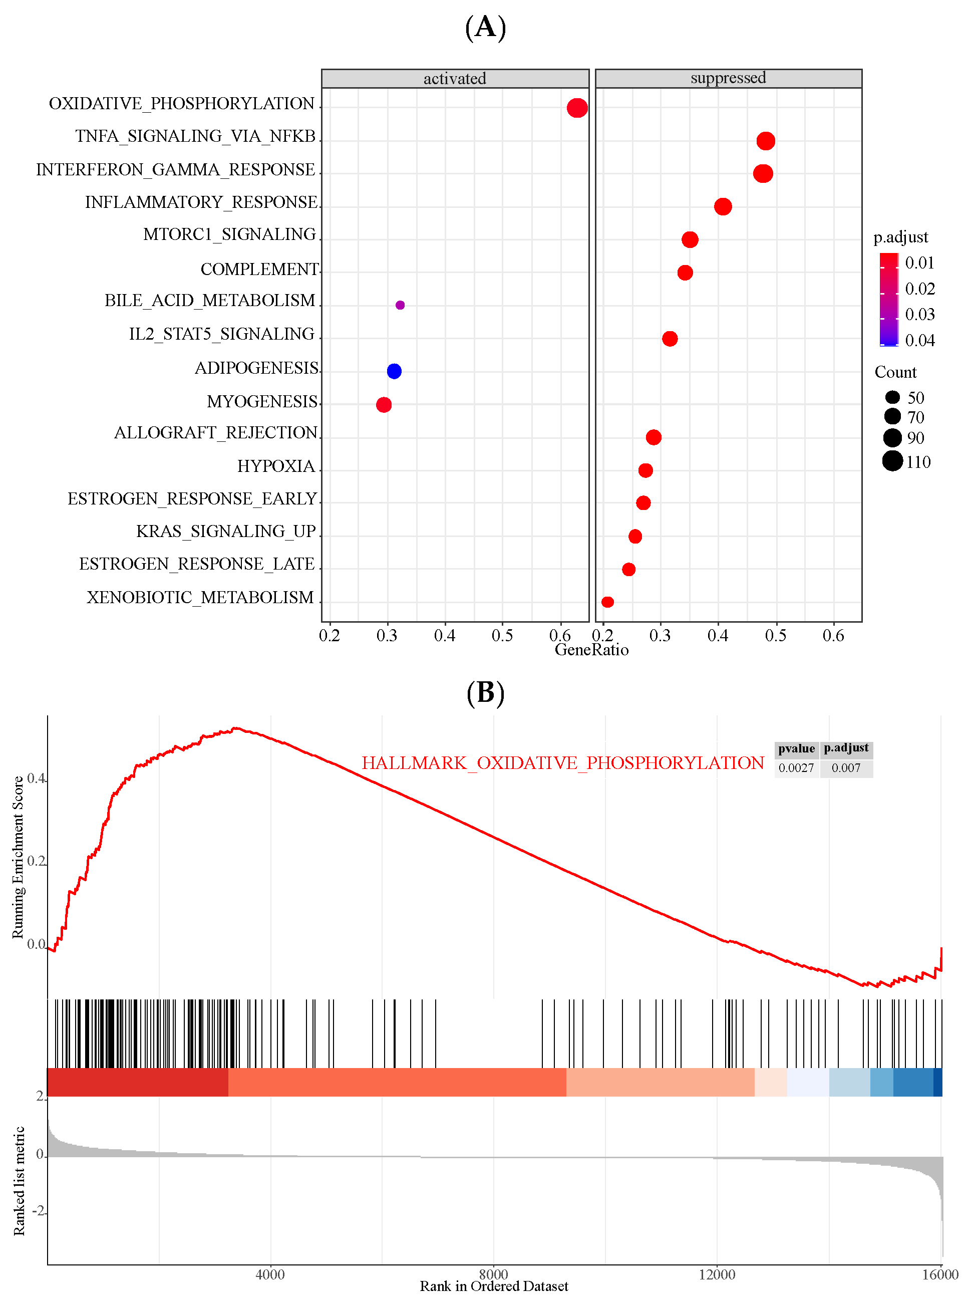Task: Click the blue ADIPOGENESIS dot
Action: pyautogui.click(x=394, y=371)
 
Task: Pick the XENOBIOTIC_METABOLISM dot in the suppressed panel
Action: pyautogui.click(x=607, y=602)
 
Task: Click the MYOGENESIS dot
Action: pyautogui.click(x=384, y=404)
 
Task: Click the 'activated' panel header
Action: pyautogui.click(x=455, y=79)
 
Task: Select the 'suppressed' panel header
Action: pyautogui.click(x=728, y=78)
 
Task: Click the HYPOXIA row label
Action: pyautogui.click(x=276, y=466)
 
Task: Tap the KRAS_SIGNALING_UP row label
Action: pyautogui.click(x=226, y=531)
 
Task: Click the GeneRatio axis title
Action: pyautogui.click(x=591, y=650)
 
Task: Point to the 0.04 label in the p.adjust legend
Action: pyautogui.click(x=919, y=340)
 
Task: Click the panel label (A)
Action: pyautogui.click(x=485, y=27)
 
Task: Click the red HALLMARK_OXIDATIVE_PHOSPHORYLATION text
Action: pyautogui.click(x=562, y=763)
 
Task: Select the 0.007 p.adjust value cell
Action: pyautogui.click(x=846, y=768)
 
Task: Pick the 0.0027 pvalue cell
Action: pyautogui.click(x=796, y=768)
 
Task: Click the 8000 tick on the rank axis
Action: pyautogui.click(x=493, y=1274)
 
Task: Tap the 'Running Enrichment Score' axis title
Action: pyautogui.click(x=18, y=857)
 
